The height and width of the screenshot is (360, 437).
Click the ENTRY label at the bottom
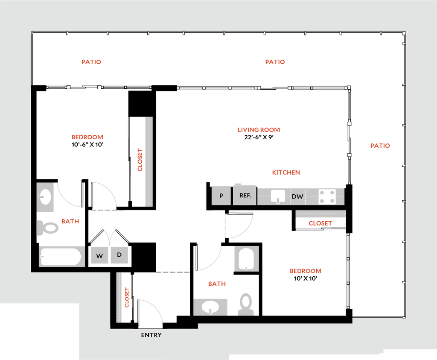151,335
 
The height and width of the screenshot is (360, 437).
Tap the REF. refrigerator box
245,196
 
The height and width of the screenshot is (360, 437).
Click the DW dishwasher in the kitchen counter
297,196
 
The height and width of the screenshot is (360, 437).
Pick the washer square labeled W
99,256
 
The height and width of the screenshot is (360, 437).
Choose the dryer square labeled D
119,255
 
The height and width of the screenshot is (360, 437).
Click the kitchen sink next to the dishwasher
278,196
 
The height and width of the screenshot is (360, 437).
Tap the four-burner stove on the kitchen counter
327,196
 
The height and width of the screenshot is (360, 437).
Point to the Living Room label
259,130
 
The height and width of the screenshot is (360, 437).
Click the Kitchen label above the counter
286,173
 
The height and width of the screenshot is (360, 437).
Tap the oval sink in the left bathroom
45,197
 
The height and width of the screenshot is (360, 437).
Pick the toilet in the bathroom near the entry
246,304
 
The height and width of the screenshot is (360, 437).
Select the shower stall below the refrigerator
246,258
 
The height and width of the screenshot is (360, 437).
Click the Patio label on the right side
380,146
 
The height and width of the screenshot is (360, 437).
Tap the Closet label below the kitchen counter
320,223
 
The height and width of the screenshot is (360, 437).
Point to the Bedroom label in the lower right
306,271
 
